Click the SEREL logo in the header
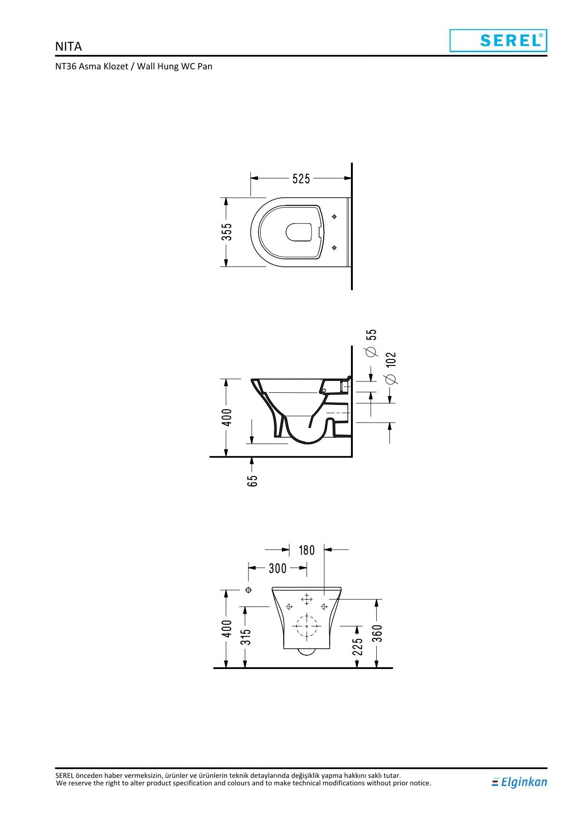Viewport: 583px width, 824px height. [x=498, y=40]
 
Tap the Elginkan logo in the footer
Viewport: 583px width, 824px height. [x=519, y=782]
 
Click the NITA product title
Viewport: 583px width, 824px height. [x=69, y=47]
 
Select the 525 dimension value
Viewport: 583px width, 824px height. [x=301, y=179]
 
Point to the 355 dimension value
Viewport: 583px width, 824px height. [x=227, y=232]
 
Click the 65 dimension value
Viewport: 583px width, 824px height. [x=252, y=481]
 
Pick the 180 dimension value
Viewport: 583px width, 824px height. [x=306, y=550]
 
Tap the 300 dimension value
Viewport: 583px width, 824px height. [x=278, y=568]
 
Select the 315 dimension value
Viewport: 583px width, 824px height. [x=246, y=637]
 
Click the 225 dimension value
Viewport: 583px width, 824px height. [x=358, y=646]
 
